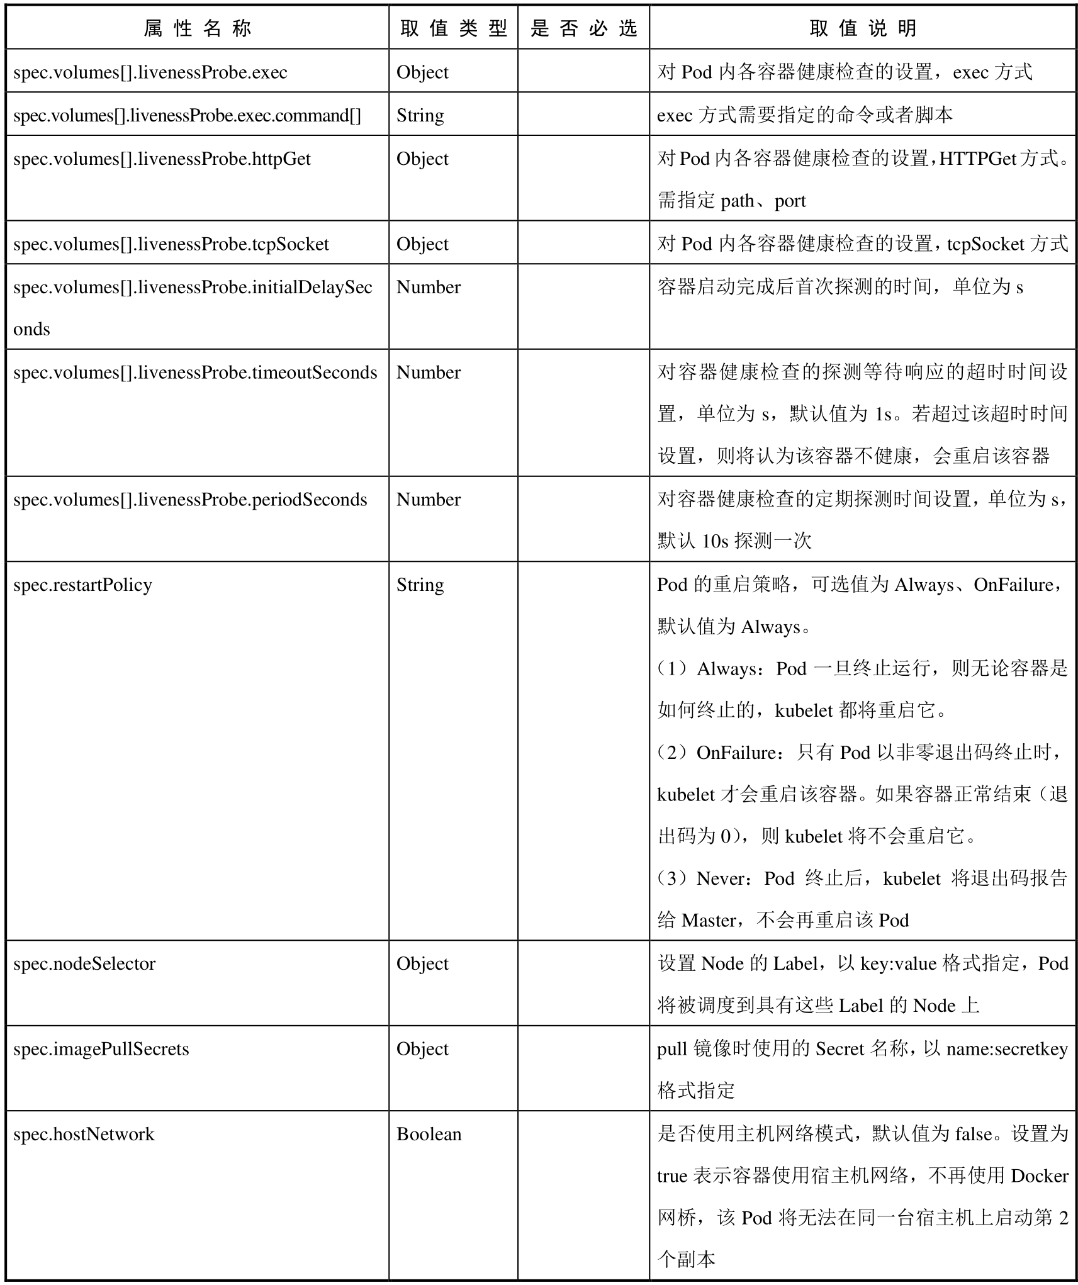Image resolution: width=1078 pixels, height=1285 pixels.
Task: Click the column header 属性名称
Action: (197, 28)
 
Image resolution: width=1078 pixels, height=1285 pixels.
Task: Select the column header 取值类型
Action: (453, 28)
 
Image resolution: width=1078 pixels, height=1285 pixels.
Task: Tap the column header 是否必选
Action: (583, 28)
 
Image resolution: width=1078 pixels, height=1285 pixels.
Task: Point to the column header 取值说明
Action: (862, 28)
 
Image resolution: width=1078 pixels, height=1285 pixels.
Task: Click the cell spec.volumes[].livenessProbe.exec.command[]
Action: (187, 116)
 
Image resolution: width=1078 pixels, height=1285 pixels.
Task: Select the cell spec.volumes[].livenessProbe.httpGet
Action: (162, 159)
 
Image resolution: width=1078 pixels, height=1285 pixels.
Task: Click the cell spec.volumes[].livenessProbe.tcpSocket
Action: (171, 244)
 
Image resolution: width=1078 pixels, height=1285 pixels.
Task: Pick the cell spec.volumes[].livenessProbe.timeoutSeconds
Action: (195, 373)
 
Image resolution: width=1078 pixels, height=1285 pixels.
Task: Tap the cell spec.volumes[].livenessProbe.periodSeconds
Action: (190, 500)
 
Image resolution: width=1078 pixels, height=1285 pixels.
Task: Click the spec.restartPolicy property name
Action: (82, 585)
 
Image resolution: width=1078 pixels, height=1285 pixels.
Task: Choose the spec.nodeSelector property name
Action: (84, 964)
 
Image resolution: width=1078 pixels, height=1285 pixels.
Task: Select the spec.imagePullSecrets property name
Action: (101, 1049)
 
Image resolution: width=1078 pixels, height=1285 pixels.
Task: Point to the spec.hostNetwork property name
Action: (84, 1134)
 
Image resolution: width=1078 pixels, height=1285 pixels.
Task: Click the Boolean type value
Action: (429, 1134)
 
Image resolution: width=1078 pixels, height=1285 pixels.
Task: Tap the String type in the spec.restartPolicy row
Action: (420, 585)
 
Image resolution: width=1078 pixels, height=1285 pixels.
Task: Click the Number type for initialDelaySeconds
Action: (428, 288)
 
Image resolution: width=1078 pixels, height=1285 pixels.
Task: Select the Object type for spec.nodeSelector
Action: (422, 964)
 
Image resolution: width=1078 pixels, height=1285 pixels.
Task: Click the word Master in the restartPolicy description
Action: (709, 921)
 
